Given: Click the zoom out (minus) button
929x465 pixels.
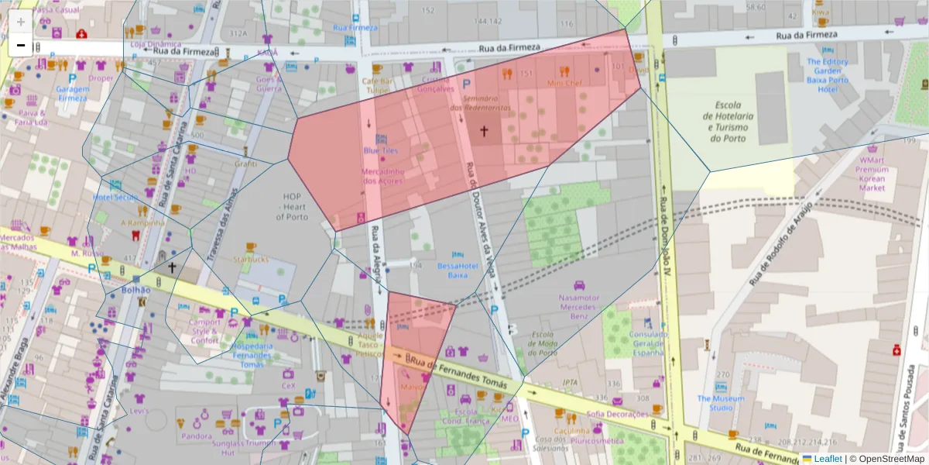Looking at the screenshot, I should click(x=21, y=45).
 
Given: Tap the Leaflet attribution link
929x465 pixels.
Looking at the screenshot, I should click(x=827, y=459).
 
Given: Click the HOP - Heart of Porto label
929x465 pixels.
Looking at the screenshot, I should click(x=295, y=206).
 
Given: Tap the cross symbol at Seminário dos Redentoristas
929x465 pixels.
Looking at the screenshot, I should click(x=485, y=131).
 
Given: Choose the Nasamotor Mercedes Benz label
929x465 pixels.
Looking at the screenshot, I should click(x=579, y=306).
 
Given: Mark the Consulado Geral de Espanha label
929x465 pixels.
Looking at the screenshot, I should click(x=649, y=343).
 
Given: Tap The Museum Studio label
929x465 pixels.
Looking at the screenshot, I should click(x=720, y=403).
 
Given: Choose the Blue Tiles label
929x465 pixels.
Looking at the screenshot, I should click(x=380, y=150).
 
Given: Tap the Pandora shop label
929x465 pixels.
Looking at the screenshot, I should click(x=196, y=436).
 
